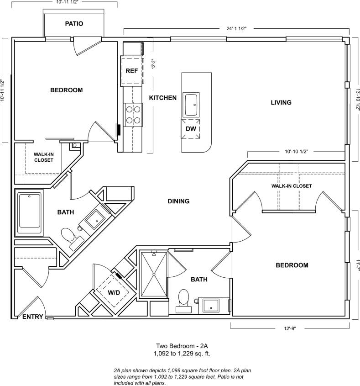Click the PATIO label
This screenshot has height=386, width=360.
pyautogui.click(x=74, y=23)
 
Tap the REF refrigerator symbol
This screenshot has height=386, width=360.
pyautogui.click(x=132, y=71)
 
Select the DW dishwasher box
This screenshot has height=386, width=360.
pyautogui.click(x=191, y=129)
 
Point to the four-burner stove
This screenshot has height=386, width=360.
pyautogui.click(x=133, y=114)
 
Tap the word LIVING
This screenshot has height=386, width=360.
pyautogui.click(x=281, y=102)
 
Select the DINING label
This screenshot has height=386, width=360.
pyautogui.click(x=178, y=201)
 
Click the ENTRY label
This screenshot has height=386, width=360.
pyautogui.click(x=33, y=317)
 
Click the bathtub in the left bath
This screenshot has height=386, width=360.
pyautogui.click(x=30, y=213)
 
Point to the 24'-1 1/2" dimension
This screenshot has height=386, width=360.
pyautogui.click(x=236, y=28)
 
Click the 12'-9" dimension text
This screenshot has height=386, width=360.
pyautogui.click(x=290, y=328)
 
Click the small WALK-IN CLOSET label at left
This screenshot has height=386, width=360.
pyautogui.click(x=43, y=157)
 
